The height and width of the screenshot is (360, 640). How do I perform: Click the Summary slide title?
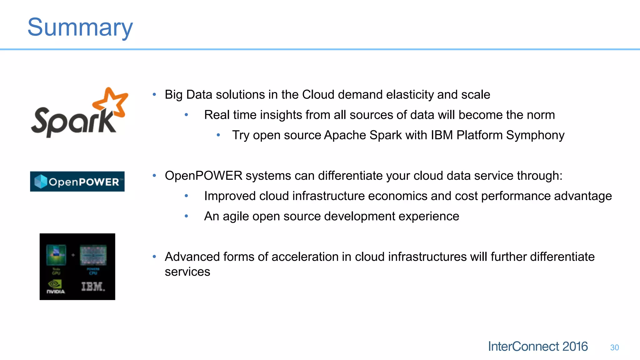80,27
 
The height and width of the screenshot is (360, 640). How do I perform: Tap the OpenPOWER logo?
77,182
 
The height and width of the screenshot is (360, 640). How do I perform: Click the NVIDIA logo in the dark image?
56,287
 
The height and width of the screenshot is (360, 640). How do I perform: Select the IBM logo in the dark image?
93,287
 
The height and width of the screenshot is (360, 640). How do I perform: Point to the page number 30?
614,347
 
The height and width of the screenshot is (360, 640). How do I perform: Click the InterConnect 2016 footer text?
537,347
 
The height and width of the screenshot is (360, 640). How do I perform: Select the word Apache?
345,135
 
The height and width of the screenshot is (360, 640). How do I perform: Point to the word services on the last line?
187,272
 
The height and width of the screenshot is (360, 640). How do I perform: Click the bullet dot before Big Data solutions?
154,94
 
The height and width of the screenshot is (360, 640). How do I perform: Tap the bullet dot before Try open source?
218,135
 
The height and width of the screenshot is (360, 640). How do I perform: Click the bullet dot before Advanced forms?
154,257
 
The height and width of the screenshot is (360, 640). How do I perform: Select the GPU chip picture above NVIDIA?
56,255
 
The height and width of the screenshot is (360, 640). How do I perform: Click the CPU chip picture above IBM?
93,255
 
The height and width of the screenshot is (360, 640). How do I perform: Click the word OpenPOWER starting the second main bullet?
203,176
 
